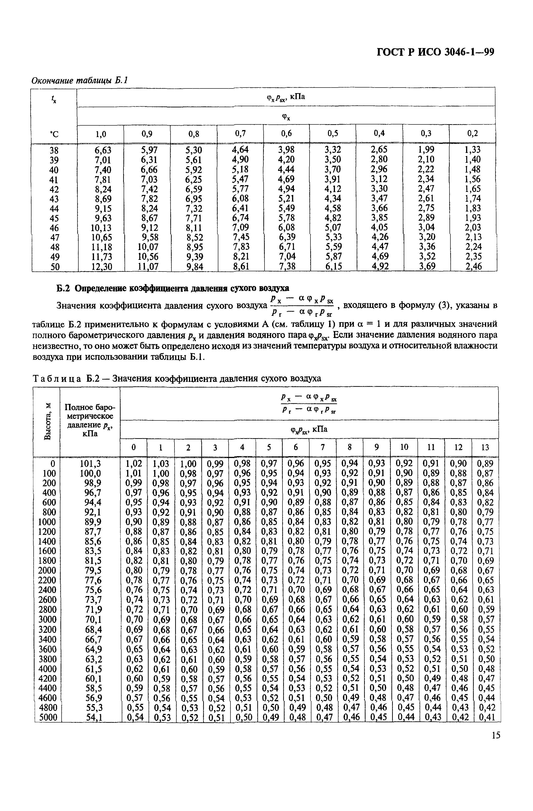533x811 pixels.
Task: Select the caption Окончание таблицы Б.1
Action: pyautogui.click(x=79, y=81)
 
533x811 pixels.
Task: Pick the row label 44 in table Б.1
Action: pyautogui.click(x=54, y=208)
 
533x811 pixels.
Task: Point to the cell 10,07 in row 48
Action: pyautogui.click(x=148, y=247)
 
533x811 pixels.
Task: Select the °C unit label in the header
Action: pyautogui.click(x=54, y=135)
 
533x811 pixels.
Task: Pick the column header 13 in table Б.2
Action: pyautogui.click(x=485, y=447)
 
